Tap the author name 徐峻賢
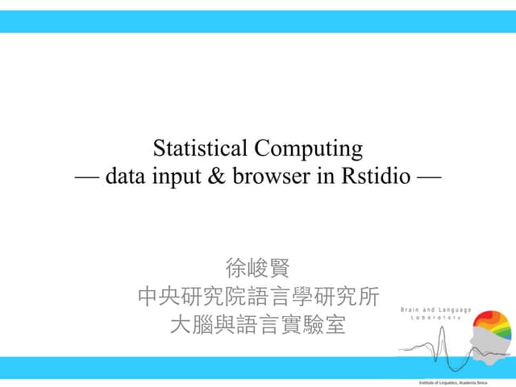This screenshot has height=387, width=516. tap(257, 267)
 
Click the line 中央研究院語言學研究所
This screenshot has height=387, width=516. tap(257, 296)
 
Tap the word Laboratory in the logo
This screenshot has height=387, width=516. tap(436, 318)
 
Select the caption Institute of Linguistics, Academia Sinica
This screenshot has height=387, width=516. tap(459, 381)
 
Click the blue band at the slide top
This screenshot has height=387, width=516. tap(258, 22)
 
